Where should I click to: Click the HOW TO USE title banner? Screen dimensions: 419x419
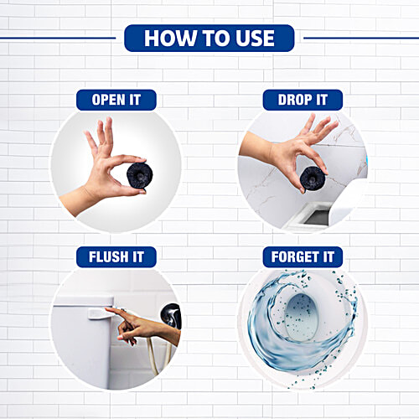209,38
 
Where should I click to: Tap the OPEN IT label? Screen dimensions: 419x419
116,101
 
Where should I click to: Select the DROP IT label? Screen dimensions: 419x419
303,101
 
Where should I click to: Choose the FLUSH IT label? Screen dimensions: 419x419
116,256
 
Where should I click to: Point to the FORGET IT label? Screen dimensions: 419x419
303,256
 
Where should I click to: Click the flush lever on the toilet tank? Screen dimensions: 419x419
99,312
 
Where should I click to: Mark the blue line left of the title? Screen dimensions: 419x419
59,38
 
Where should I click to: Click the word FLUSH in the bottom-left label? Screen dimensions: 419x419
106,256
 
